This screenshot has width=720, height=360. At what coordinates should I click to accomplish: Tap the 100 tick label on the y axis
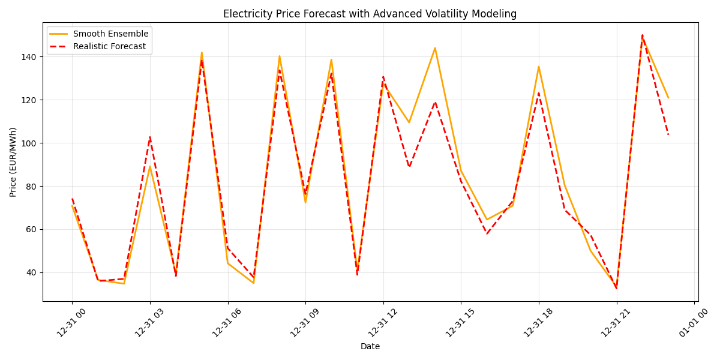click(x=30, y=143)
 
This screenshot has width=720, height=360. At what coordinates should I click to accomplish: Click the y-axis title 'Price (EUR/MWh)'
click(x=13, y=162)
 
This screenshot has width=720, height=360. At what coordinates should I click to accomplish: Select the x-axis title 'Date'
click(x=370, y=346)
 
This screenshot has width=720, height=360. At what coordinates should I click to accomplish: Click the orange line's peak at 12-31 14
click(x=435, y=48)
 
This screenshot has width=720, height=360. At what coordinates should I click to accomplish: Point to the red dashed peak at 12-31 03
click(x=150, y=137)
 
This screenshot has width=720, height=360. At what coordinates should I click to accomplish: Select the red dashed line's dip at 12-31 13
click(x=409, y=167)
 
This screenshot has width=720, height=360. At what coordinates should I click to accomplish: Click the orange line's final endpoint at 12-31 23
click(x=668, y=98)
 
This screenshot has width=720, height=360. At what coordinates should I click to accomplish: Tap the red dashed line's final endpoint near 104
click(x=668, y=134)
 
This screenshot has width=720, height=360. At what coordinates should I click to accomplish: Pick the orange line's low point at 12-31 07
click(x=254, y=283)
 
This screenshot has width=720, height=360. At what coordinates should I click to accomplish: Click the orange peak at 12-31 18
click(x=539, y=67)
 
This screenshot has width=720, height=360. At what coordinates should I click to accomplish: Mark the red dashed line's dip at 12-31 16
click(x=487, y=234)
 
